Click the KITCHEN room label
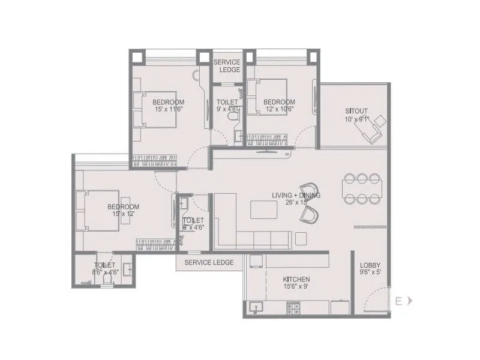pos(296,280)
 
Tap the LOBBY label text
pos(370,266)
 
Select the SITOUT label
pos(356,111)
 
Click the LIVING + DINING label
pos(296,196)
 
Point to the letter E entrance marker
pos(398,301)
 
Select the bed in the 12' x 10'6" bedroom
pos(272,98)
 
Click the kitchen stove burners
pos(293,308)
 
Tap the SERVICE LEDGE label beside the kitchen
pos(209,263)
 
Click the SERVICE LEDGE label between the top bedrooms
pos(226,66)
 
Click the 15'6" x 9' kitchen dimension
pos(296,287)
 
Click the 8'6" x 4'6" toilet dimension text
pos(106,272)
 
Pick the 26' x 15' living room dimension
pos(296,203)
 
